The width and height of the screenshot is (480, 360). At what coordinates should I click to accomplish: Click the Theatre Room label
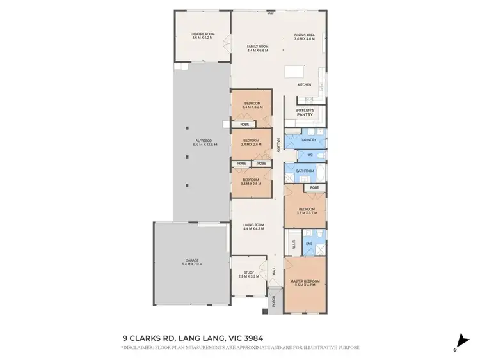coord(202,36)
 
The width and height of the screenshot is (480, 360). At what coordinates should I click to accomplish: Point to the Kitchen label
coord(304,85)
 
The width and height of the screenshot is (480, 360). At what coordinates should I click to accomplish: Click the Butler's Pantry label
coord(305,113)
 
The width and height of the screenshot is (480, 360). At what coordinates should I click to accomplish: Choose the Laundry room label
coord(309,139)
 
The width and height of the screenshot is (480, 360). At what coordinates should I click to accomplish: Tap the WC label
coord(309,155)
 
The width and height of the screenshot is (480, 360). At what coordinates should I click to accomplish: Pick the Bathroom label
coord(305,171)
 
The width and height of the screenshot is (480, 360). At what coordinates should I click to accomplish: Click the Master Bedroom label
coord(305,283)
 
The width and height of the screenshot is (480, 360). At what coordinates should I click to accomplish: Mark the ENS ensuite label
coord(309,244)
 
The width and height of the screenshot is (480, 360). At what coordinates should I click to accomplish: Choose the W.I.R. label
coord(294,243)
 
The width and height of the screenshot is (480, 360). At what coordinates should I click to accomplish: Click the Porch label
coord(273,299)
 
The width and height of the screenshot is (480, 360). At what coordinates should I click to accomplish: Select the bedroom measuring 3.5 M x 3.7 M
coord(305,210)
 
